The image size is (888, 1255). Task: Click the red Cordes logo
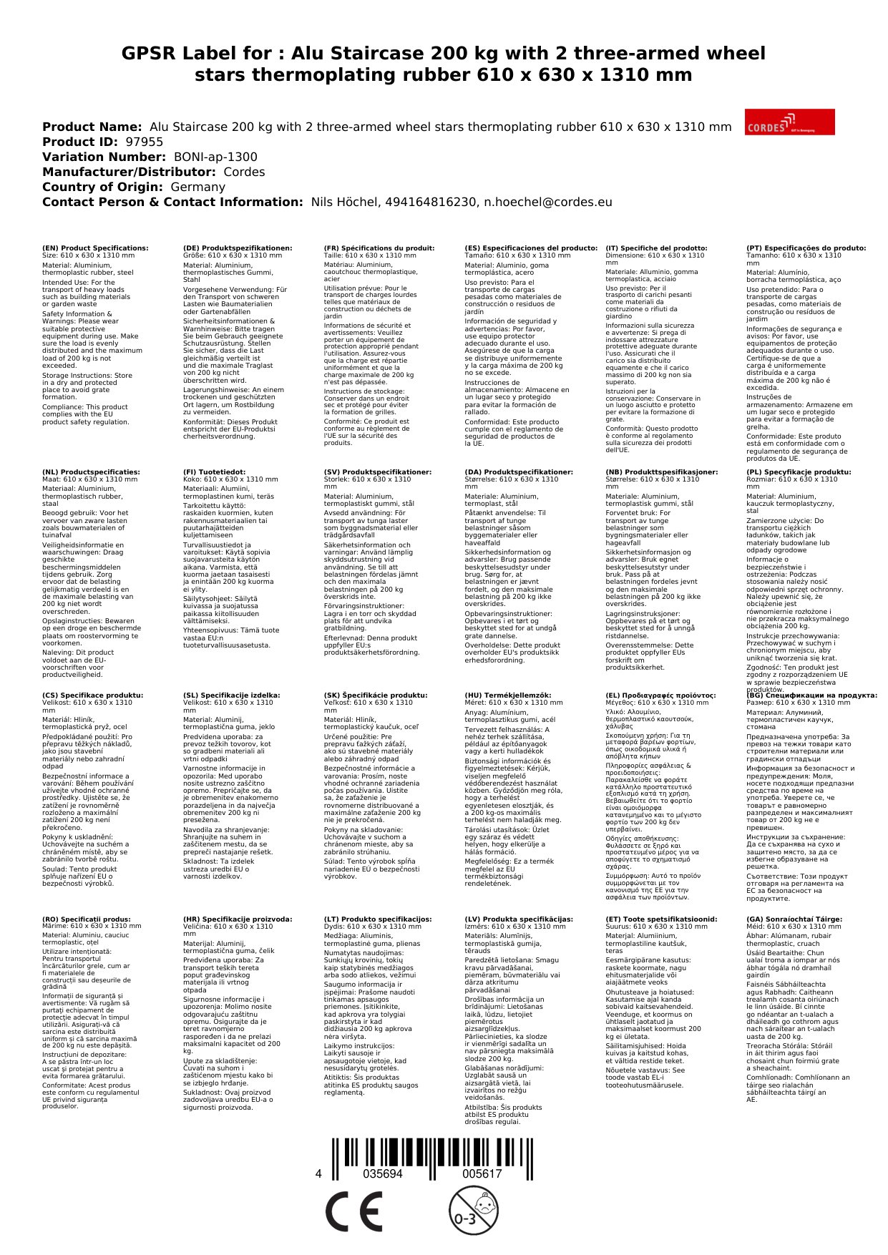[789, 122]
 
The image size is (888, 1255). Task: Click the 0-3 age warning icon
[473, 1210]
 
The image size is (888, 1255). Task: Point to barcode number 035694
[383, 1174]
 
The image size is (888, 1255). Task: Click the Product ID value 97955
[144, 142]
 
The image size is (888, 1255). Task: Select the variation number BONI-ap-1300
[215, 157]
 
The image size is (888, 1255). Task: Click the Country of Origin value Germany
[197, 187]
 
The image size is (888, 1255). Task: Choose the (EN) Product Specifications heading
[95, 248]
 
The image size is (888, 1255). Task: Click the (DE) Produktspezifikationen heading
[238, 248]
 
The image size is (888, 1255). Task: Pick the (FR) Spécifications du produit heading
[379, 248]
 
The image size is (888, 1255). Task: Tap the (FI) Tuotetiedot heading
[214, 472]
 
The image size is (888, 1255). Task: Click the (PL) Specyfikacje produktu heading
[799, 472]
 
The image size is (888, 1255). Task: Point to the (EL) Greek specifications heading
[660, 695]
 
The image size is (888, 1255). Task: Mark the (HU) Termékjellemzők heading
[507, 695]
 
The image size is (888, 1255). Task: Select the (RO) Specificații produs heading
[86, 919]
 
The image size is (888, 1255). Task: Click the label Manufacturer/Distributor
[129, 172]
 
